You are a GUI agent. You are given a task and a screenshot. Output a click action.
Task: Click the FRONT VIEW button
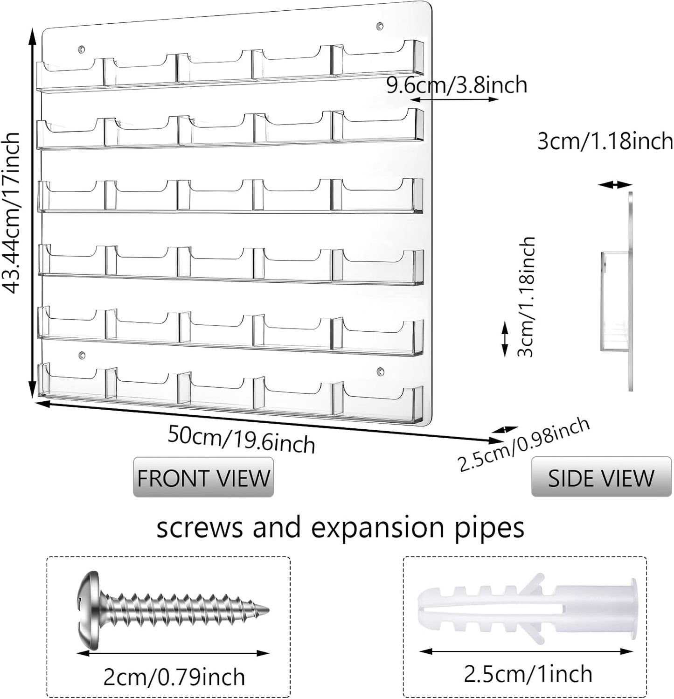point(203,477)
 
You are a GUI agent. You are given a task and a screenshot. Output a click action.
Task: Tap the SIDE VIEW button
point(601,477)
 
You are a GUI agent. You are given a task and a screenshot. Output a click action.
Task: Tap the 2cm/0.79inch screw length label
point(174,676)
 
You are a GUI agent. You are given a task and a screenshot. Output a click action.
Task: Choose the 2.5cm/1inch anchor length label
point(528,673)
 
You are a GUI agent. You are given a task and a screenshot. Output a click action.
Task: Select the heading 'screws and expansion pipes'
point(340,528)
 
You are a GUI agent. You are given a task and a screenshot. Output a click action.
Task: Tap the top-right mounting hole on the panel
point(381,25)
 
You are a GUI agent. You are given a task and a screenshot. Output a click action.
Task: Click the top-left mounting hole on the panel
point(83,49)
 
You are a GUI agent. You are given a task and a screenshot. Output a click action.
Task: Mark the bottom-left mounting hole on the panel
point(83,356)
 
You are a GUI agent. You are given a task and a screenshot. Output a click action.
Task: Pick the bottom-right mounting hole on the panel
point(381,372)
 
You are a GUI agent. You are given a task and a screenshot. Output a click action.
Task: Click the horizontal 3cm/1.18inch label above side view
point(605,140)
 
